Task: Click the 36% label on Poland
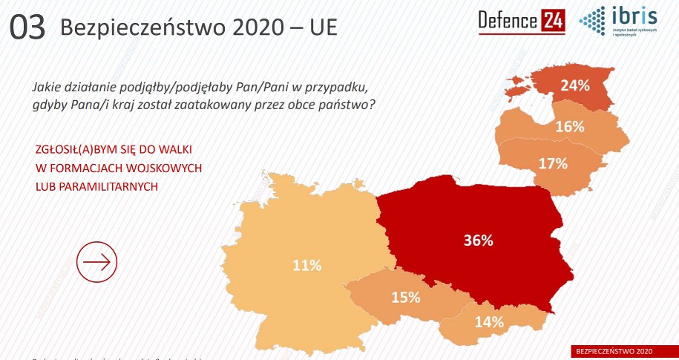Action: pyautogui.click(x=478, y=240)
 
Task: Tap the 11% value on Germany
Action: pyautogui.click(x=306, y=265)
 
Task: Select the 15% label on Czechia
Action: pyautogui.click(x=406, y=298)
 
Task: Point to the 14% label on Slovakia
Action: pyautogui.click(x=489, y=322)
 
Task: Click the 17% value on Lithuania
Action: pyautogui.click(x=552, y=163)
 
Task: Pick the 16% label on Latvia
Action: pyautogui.click(x=569, y=127)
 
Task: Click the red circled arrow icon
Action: pyautogui.click(x=97, y=262)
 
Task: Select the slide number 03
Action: pyautogui.click(x=28, y=28)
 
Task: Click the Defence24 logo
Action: pyautogui.click(x=521, y=22)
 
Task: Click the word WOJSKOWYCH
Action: pyautogui.click(x=165, y=168)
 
